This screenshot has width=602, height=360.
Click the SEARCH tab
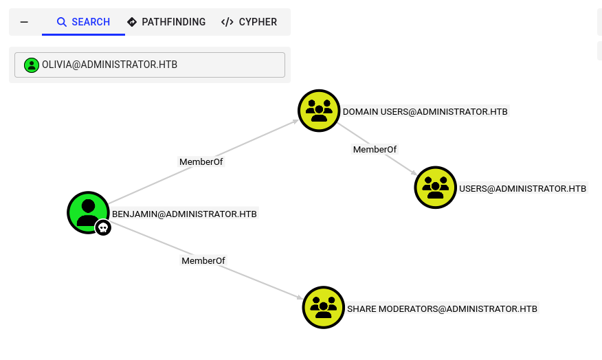click(x=83, y=22)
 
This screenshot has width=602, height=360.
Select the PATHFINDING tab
click(x=166, y=22)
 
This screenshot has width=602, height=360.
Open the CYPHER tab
click(x=249, y=22)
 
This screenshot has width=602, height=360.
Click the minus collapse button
click(x=24, y=22)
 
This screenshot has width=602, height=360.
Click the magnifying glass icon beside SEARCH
click(x=62, y=22)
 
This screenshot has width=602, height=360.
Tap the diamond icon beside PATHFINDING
click(x=132, y=22)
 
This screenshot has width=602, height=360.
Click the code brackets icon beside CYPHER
click(x=227, y=22)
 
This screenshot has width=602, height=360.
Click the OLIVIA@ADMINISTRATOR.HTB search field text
click(x=109, y=65)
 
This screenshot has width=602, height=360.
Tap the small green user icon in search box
click(x=32, y=65)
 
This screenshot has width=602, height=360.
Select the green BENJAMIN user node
click(x=87, y=212)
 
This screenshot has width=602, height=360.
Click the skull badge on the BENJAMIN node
click(x=103, y=227)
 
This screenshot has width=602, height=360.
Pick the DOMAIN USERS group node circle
click(x=319, y=110)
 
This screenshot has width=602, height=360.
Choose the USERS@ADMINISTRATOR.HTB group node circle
click(x=436, y=187)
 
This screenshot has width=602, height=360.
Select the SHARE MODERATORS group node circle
click(x=323, y=307)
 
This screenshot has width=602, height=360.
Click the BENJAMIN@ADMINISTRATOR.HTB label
click(x=184, y=214)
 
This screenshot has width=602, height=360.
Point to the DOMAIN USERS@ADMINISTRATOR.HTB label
click(x=425, y=111)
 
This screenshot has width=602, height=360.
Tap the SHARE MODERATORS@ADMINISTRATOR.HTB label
click(x=442, y=308)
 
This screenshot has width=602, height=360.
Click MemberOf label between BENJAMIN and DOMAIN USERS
click(x=201, y=162)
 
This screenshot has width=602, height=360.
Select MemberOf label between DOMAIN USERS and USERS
click(x=375, y=149)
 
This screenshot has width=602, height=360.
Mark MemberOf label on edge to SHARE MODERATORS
click(x=203, y=260)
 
